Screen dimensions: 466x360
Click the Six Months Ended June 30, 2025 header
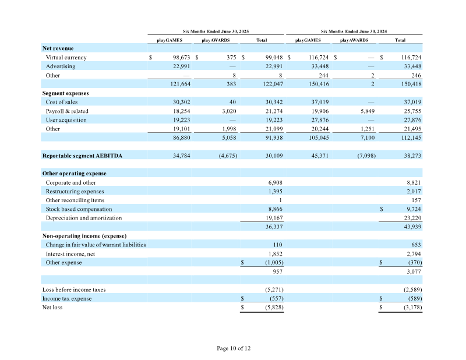point(216,31)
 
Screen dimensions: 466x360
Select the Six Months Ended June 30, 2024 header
point(354,31)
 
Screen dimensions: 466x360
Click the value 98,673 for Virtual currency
point(181,57)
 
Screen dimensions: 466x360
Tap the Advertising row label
point(61,66)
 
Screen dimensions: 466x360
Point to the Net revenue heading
point(58,48)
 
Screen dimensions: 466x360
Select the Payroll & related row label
point(67,111)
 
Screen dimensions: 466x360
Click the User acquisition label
point(66,120)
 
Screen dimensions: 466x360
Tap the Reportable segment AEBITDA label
point(82,156)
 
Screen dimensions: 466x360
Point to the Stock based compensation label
point(79,209)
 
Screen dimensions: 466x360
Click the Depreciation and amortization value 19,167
point(274,218)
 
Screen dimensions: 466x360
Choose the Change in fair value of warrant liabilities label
point(96,245)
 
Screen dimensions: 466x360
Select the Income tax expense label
point(67,298)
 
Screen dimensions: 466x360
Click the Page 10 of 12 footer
point(234,348)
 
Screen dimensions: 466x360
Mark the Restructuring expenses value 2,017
point(414,192)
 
